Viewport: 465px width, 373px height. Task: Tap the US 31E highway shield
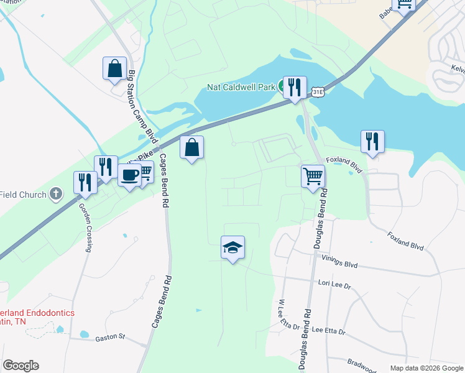pyautogui.click(x=318, y=92)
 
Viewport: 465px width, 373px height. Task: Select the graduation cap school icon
pyautogui.click(x=233, y=247)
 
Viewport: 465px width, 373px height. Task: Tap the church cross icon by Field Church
pyautogui.click(x=56, y=194)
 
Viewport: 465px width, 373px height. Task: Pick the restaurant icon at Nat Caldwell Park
pyautogui.click(x=293, y=87)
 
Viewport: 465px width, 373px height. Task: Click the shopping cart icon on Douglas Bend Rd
pyautogui.click(x=313, y=175)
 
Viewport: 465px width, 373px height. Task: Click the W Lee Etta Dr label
pyautogui.click(x=287, y=315)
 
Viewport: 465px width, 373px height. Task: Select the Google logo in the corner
pyautogui.click(x=21, y=366)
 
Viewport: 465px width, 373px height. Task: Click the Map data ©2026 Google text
pyautogui.click(x=426, y=368)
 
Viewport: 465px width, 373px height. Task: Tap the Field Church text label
pyautogui.click(x=23, y=195)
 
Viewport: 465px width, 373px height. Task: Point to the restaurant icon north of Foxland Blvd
pyautogui.click(x=372, y=141)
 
